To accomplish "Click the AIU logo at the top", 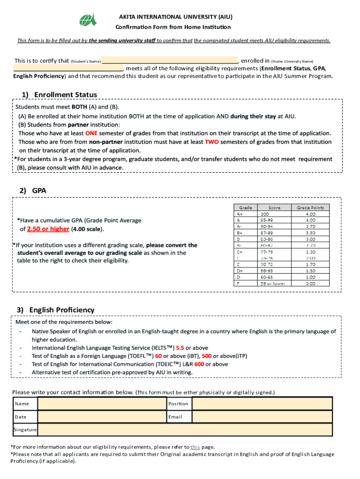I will tap(88, 20).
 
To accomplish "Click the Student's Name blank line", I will tap(170, 61).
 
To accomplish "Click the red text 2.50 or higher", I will tap(48, 229).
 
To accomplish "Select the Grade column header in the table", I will tap(246, 207).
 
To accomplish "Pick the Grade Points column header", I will tap(310, 207).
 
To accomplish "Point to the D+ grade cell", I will tap(240, 271).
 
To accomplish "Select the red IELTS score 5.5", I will tap(180, 348).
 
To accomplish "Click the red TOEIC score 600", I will tap(199, 364).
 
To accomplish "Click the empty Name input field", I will tap(101, 404).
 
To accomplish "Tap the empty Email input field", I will tap(262, 417).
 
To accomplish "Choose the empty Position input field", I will tap(262, 404).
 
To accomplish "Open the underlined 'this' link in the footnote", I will tap(195, 447).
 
